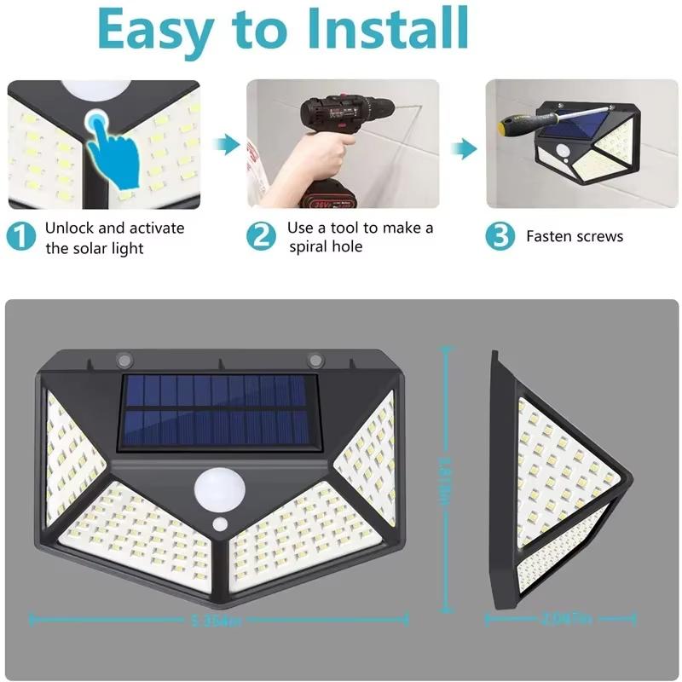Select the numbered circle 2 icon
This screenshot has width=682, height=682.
point(263,236)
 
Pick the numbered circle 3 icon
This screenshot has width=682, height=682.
point(500,236)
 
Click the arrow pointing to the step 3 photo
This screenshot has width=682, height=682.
point(463,148)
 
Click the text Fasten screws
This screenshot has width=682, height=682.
point(575,237)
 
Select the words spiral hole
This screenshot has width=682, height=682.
point(325,246)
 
